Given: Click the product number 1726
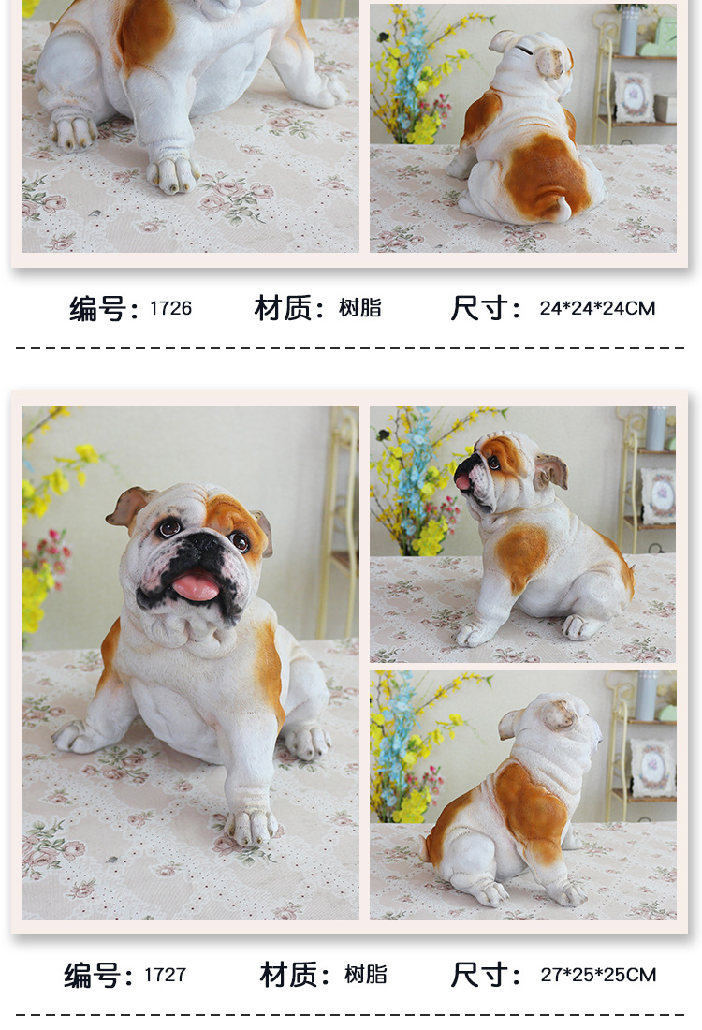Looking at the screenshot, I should [x=170, y=308].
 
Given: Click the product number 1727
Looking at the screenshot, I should [x=165, y=975].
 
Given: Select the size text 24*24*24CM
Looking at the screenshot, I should [x=597, y=308].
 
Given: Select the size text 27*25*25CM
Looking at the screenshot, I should [x=597, y=975].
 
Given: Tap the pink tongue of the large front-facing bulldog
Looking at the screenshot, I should [x=196, y=586].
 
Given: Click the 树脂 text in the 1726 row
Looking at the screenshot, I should [x=360, y=308].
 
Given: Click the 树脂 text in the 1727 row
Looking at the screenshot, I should [x=365, y=975].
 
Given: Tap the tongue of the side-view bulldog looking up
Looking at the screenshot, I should [x=462, y=482].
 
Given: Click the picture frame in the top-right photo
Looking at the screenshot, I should [x=633, y=96].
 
